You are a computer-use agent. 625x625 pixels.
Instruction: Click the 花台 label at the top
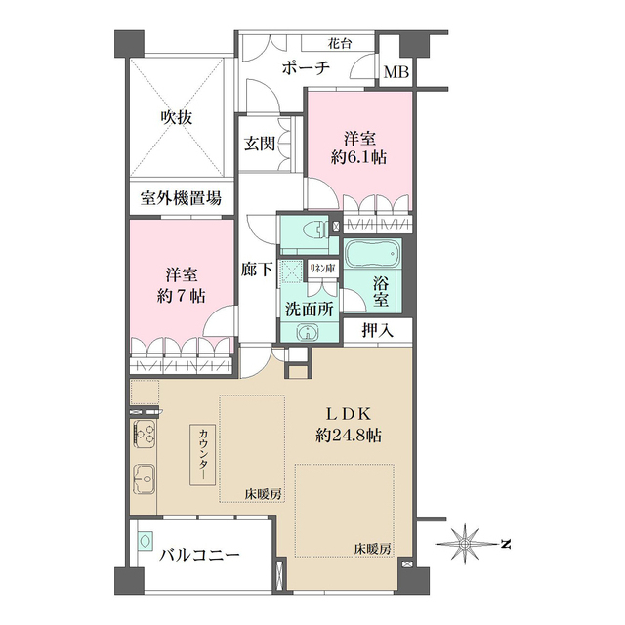click(x=340, y=43)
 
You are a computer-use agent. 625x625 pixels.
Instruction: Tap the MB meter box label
click(x=396, y=72)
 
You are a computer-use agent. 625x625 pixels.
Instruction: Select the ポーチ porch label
click(x=306, y=68)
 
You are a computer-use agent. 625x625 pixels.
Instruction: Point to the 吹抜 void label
click(x=177, y=118)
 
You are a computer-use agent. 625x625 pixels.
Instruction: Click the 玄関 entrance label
click(x=260, y=144)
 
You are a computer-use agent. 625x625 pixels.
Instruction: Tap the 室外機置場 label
click(x=180, y=199)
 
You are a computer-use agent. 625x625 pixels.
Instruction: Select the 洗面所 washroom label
click(x=309, y=309)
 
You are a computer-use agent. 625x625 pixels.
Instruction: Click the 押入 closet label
click(x=377, y=331)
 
